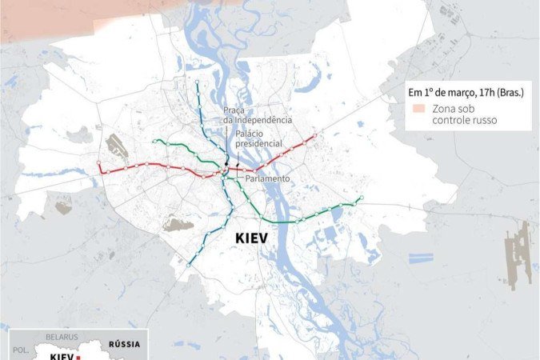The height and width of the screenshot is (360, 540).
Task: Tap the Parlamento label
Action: pos(267,178)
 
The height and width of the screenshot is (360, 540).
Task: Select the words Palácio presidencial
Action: pos(260,138)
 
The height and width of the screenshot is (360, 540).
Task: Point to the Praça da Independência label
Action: pos(258,115)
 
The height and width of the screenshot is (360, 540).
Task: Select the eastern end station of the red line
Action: pos(315,135)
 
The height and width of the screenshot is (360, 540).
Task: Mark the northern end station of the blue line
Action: pos(197,82)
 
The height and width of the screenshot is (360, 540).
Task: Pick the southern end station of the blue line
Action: pos(190,264)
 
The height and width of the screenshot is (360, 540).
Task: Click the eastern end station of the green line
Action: pos(362,198)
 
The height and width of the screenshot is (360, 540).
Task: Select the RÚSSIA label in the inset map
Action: pos(124,344)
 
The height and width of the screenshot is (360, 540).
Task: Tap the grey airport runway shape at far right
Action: pos(519,256)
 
